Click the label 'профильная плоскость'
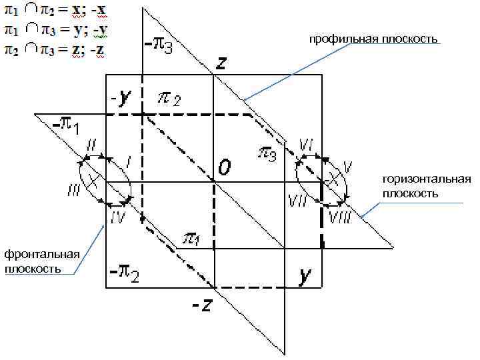pos(373,40)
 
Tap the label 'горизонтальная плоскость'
pos(427,187)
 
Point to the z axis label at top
pos(221,63)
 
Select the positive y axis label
pos(305,275)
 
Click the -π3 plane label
pos(159,46)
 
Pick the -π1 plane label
pos(65,124)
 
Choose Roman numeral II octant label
pos(91,145)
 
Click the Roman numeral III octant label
pos(73,192)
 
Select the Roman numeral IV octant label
pos(117,217)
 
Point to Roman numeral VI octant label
pos(307,145)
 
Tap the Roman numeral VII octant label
pos(297,199)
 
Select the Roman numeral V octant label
pos(347,164)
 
